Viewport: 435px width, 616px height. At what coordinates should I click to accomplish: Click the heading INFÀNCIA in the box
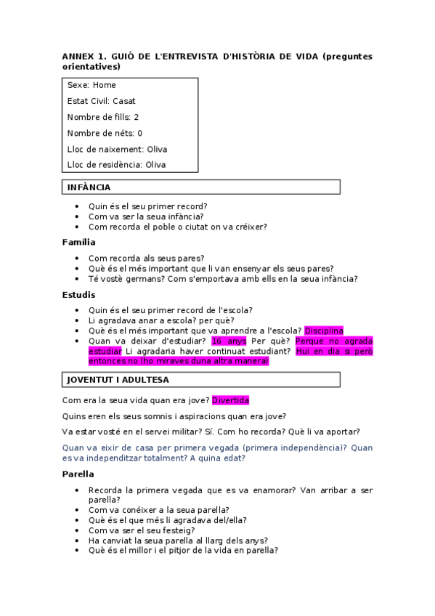tap(89, 187)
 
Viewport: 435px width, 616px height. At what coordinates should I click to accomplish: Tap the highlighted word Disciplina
tap(323, 331)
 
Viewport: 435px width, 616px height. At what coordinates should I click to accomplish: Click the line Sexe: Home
tap(92, 85)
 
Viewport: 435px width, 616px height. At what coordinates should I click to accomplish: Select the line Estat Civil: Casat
tap(101, 101)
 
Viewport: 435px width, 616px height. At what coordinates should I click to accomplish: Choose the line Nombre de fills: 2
tap(103, 117)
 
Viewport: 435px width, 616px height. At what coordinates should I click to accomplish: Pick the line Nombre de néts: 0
tap(105, 133)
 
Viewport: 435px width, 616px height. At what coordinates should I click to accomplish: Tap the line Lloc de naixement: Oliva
tap(117, 149)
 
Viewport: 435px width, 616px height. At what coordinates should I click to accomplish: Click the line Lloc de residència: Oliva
tap(116, 165)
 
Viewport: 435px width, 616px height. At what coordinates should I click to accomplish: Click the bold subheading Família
tap(78, 242)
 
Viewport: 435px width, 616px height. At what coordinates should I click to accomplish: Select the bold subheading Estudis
tap(78, 295)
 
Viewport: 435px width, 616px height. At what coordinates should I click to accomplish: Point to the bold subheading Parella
tap(78, 474)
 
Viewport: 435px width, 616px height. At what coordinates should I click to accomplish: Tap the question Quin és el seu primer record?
tap(147, 206)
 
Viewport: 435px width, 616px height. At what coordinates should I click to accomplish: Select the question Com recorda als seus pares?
tap(146, 258)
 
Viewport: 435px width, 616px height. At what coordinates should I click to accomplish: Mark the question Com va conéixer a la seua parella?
tap(158, 510)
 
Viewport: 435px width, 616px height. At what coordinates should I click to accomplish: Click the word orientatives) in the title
tap(91, 67)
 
